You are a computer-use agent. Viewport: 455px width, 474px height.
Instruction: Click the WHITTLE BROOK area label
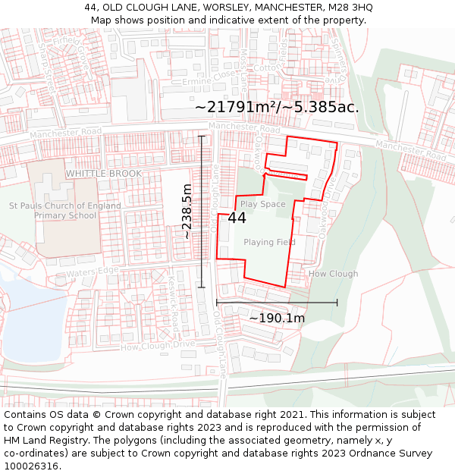(104, 174)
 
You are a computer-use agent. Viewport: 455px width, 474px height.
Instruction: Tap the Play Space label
(262, 204)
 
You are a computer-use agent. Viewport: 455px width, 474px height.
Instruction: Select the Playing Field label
(269, 242)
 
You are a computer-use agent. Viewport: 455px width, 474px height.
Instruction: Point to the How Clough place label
(333, 274)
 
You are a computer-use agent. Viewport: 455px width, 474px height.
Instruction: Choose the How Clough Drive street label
(158, 347)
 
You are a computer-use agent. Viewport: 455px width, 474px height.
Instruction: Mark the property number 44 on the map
(237, 218)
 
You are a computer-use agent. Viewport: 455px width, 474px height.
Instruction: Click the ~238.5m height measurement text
(187, 212)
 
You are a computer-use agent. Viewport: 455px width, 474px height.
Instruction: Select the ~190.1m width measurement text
(277, 319)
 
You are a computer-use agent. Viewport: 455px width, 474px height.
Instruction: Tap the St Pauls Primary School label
(65, 210)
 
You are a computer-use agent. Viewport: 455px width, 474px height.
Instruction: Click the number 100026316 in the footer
(32, 466)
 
